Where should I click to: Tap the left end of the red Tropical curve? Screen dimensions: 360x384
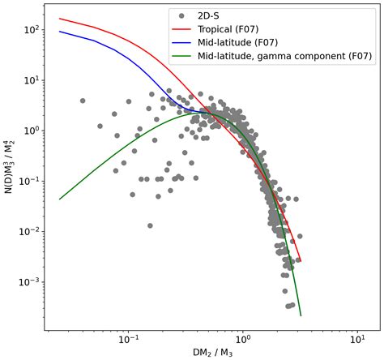[x=60, y=19]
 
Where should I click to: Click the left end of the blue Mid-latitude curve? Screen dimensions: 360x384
[x=60, y=32]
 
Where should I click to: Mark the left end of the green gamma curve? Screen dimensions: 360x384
[x=60, y=199]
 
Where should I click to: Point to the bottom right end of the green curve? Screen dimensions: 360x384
[x=301, y=315]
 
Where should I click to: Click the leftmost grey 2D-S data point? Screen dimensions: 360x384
[x=83, y=101]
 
